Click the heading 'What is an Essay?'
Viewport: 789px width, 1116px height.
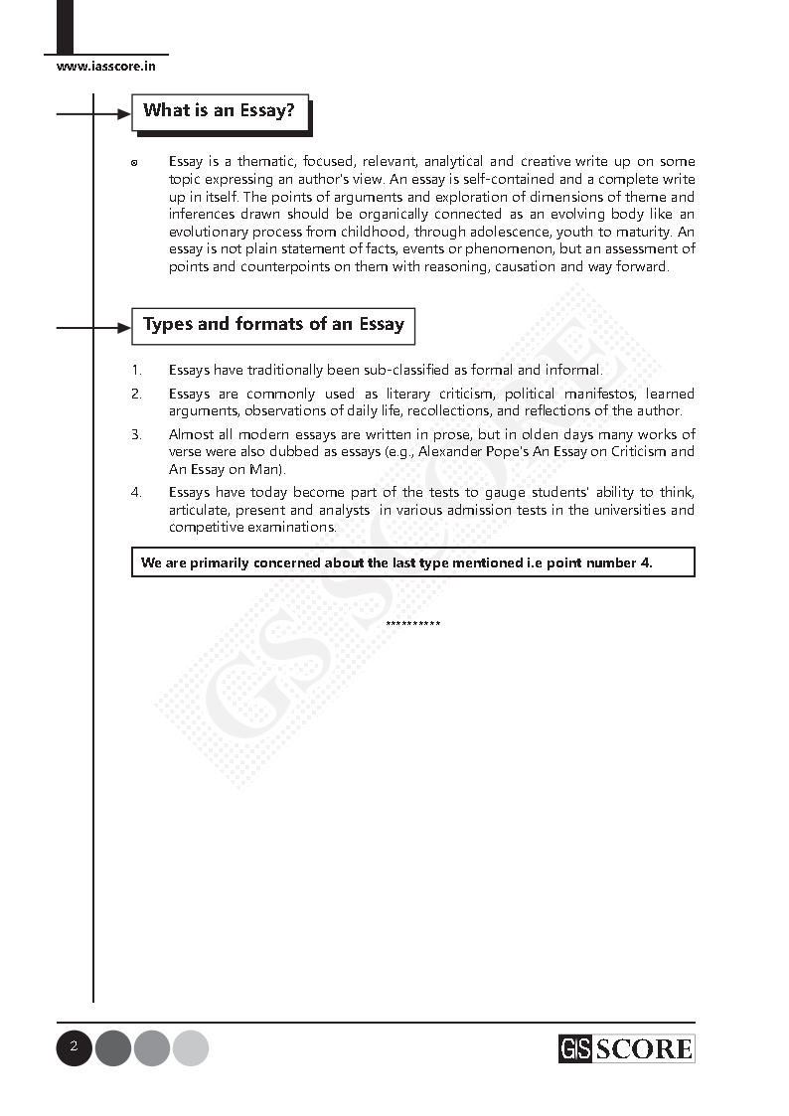click(x=219, y=111)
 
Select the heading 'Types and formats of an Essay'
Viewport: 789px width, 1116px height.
click(x=273, y=325)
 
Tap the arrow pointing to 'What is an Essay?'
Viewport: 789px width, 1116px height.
click(x=94, y=114)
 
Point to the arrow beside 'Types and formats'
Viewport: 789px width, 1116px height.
click(x=94, y=327)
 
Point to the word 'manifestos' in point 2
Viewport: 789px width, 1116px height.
click(x=580, y=395)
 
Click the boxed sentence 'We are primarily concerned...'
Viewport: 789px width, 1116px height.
click(x=412, y=562)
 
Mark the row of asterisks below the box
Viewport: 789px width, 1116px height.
click(x=412, y=624)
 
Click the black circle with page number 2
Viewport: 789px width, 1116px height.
click(x=74, y=1047)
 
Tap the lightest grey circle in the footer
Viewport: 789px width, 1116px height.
click(x=191, y=1048)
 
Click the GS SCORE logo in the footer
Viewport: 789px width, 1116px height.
click(x=626, y=1048)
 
